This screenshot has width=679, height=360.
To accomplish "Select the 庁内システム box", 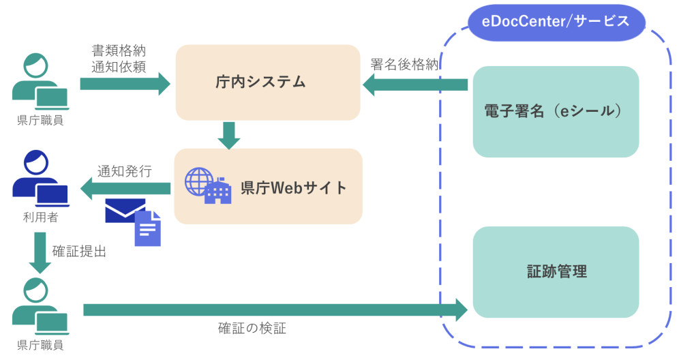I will click(267, 82).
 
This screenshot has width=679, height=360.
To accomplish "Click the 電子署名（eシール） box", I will click(556, 111).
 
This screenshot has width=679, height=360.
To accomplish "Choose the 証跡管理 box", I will click(556, 271).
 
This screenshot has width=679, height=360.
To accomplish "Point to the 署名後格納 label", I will click(404, 65).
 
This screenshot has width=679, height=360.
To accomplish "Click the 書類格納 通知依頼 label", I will click(119, 59).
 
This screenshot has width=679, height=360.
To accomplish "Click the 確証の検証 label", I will click(252, 328).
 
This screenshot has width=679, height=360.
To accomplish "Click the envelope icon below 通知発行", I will click(125, 211).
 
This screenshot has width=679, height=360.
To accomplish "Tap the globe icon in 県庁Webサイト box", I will click(198, 181).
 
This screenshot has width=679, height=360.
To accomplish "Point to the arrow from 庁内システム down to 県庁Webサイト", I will click(229, 135).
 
